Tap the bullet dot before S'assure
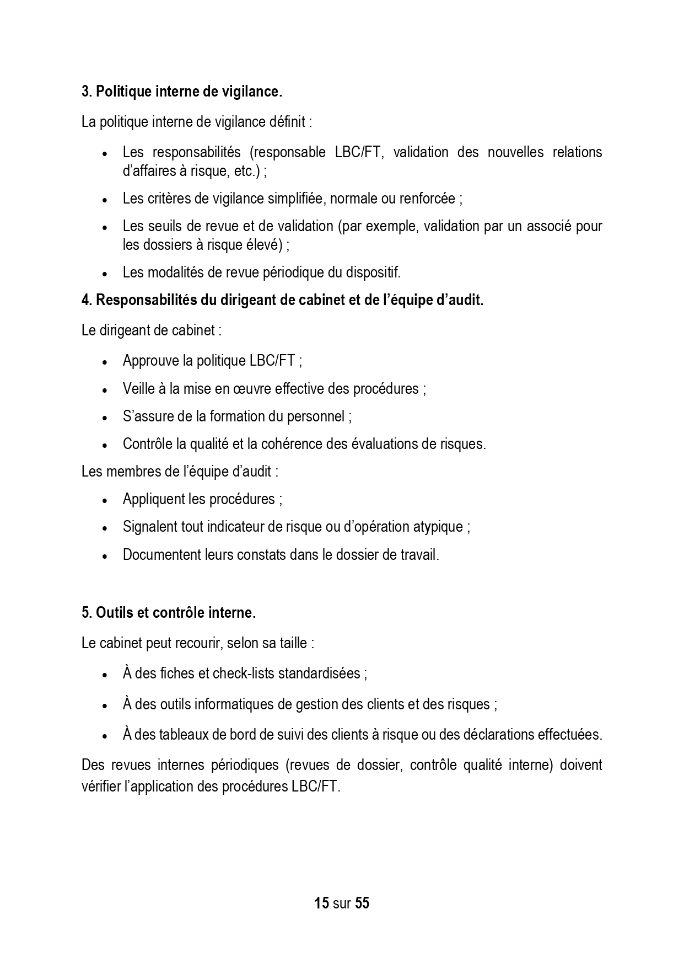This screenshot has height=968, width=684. point(105,418)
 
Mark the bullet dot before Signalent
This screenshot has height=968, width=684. point(105,528)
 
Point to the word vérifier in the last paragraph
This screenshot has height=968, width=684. point(101,786)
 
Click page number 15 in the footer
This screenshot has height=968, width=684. point(321,903)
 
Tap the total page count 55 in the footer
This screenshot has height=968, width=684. point(362,903)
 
